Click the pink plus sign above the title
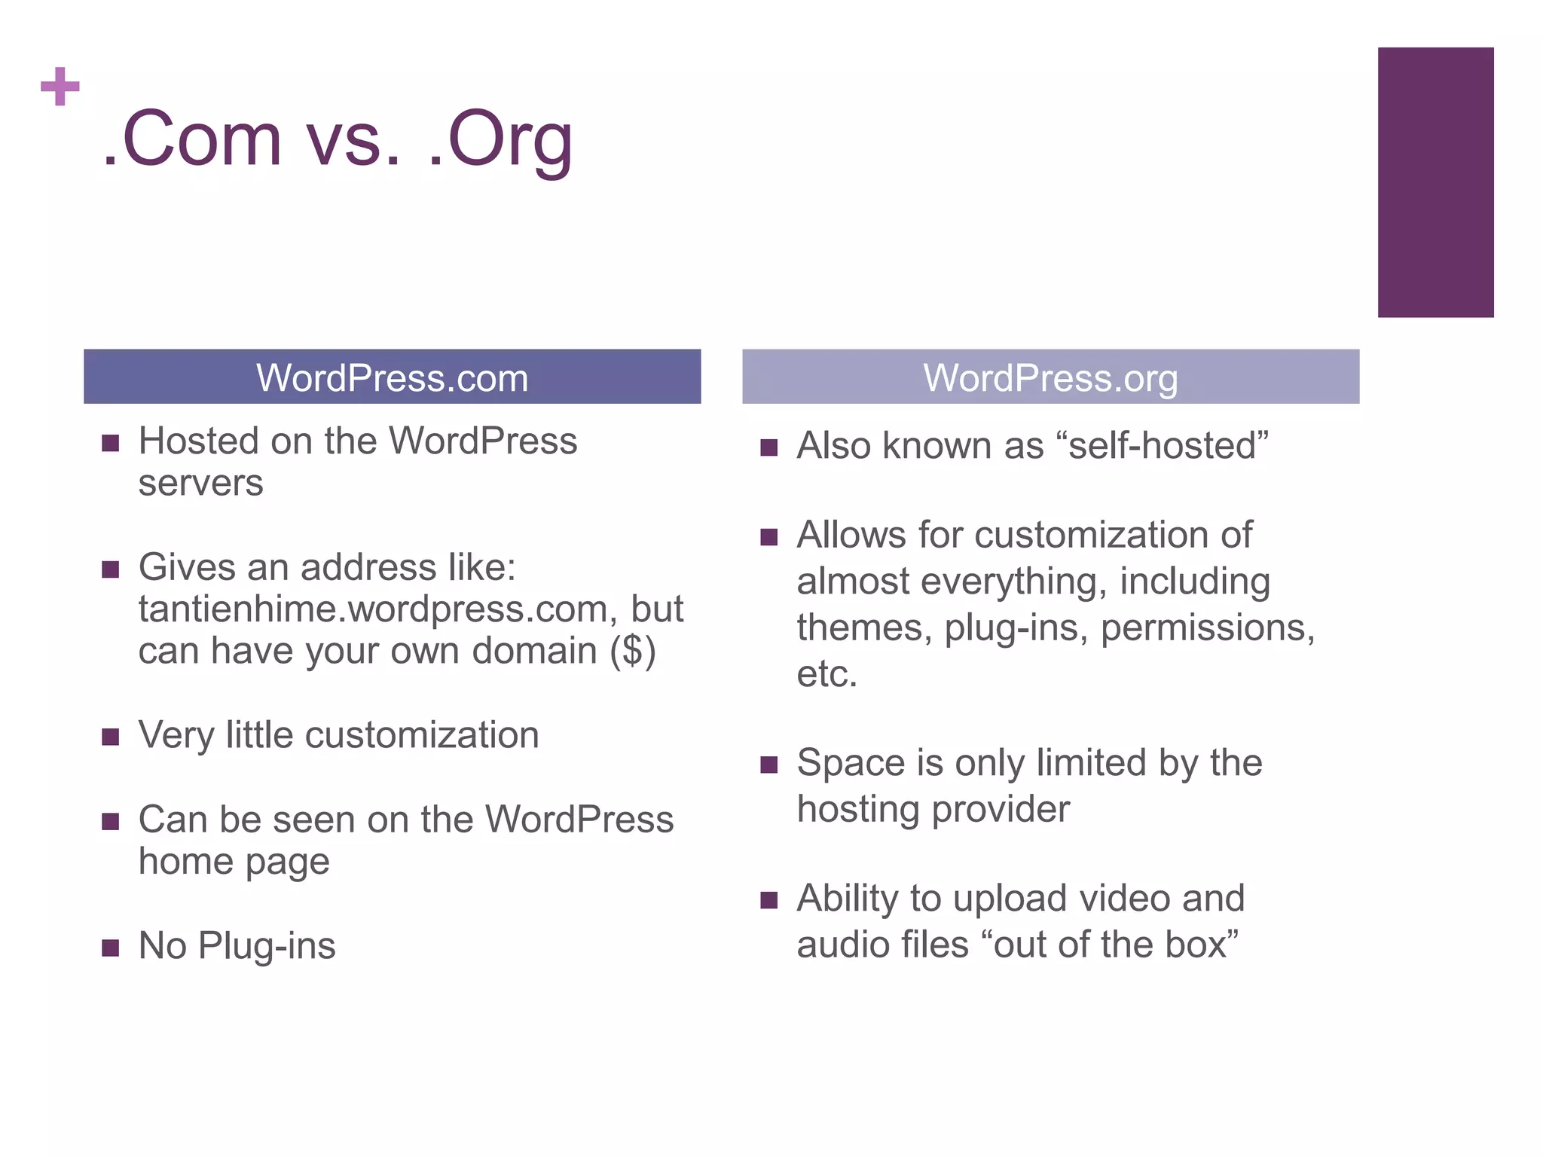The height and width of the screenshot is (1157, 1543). pyautogui.click(x=60, y=87)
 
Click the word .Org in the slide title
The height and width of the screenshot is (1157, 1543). pyautogui.click(x=500, y=140)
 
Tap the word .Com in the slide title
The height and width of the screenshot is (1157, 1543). pyautogui.click(x=193, y=140)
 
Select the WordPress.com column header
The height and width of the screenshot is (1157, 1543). pyautogui.click(x=392, y=377)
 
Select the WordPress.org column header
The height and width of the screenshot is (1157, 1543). pyautogui.click(x=1050, y=377)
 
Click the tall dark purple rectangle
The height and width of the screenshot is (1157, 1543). pyautogui.click(x=1435, y=182)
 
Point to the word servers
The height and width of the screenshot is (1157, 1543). pyautogui.click(x=200, y=483)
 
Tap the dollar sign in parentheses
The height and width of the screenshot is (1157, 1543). pyautogui.click(x=633, y=651)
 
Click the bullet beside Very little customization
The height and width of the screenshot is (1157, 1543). pyautogui.click(x=111, y=736)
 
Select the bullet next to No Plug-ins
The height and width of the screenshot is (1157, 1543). pyautogui.click(x=111, y=947)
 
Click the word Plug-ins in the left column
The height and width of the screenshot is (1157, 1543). pyautogui.click(x=267, y=946)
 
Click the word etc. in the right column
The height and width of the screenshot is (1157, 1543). pyautogui.click(x=826, y=673)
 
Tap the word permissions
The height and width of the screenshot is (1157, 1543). pyautogui.click(x=1207, y=627)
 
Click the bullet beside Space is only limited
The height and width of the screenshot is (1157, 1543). pyautogui.click(x=768, y=765)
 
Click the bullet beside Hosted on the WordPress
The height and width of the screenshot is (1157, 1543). pyautogui.click(x=111, y=443)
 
